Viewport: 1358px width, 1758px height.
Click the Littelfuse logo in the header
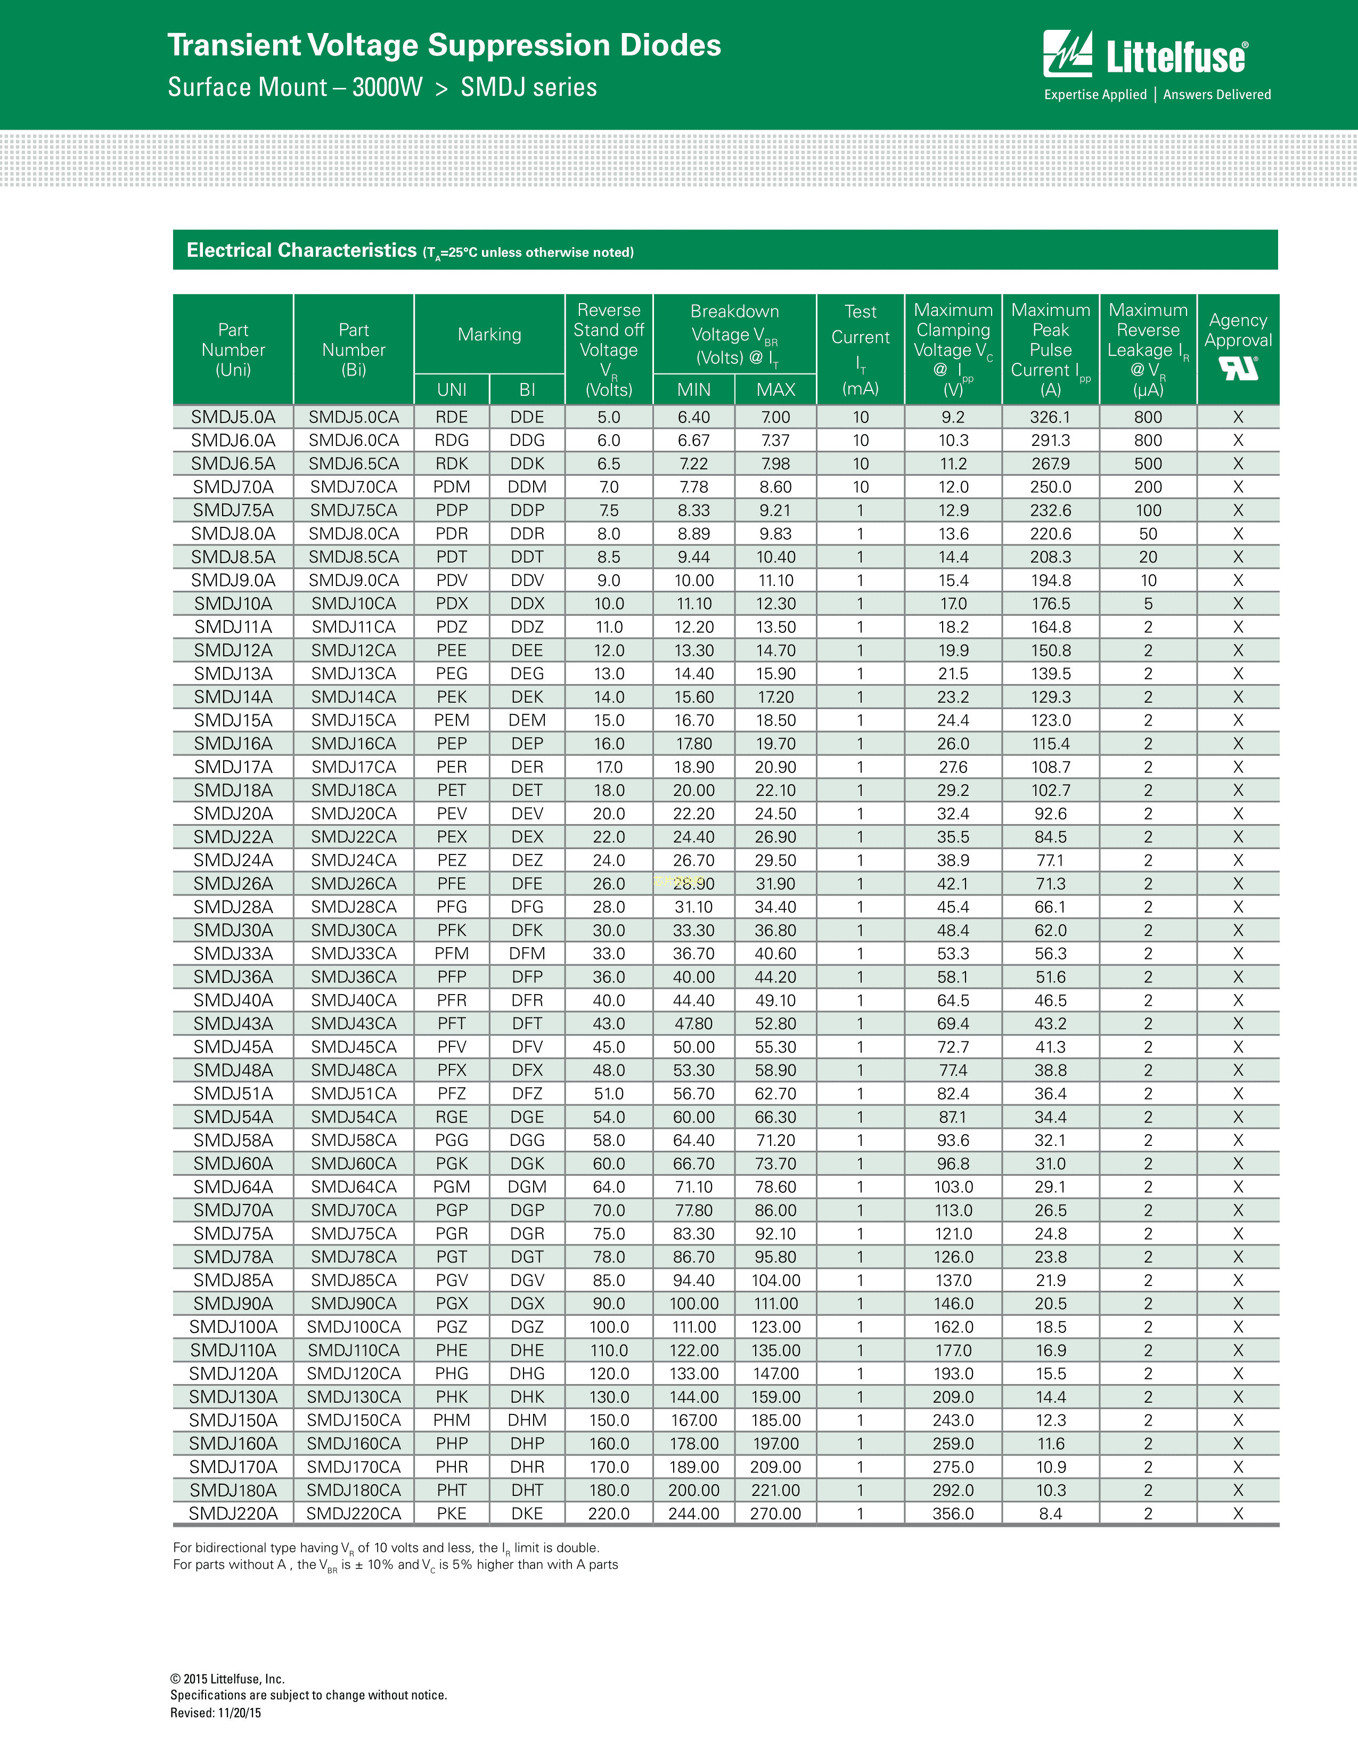coord(1145,55)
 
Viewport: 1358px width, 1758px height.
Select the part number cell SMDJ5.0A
coord(233,417)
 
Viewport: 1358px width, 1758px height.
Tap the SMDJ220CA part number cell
coord(354,1513)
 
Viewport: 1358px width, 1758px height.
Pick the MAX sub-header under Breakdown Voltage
coord(775,389)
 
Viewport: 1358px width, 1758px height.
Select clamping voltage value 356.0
coord(953,1513)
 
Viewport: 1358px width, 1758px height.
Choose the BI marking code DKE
coord(527,1513)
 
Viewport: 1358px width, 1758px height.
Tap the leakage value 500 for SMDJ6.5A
coord(1148,463)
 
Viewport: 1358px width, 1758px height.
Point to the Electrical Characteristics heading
coord(301,250)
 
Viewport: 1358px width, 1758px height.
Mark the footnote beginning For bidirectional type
coord(386,1547)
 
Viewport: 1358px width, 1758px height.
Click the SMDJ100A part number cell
coord(233,1326)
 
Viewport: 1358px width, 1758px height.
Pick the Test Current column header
coord(860,348)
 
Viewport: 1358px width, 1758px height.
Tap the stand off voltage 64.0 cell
coord(609,1186)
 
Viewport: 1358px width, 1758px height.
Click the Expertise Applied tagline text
coord(1095,94)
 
